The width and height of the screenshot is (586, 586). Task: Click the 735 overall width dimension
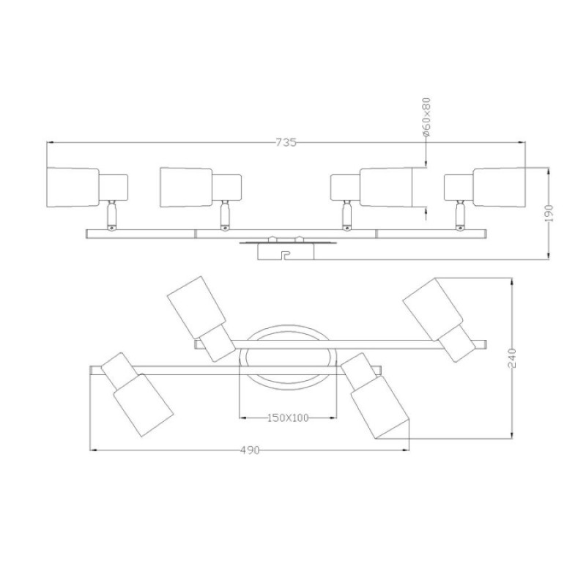tap(286, 142)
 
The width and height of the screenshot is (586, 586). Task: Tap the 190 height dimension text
tap(548, 213)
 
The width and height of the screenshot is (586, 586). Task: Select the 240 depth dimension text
tap(511, 358)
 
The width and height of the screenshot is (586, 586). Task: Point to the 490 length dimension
tap(249, 450)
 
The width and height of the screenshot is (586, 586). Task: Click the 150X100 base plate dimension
tap(288, 418)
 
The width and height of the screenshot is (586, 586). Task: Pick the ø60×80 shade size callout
tap(426, 117)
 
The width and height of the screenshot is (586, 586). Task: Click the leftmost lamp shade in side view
tap(73, 187)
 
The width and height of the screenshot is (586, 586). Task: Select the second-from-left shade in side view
tap(187, 187)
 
